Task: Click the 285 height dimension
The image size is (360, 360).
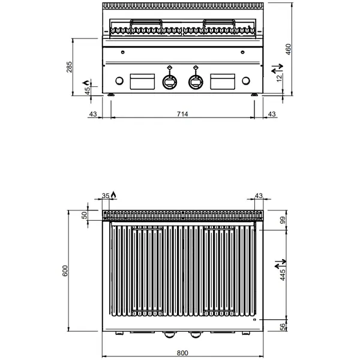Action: pyautogui.click(x=70, y=66)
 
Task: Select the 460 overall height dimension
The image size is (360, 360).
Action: pyautogui.click(x=288, y=49)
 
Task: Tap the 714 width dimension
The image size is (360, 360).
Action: pyautogui.click(x=181, y=114)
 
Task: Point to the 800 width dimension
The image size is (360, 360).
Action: pyautogui.click(x=182, y=353)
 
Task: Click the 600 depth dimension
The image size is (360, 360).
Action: pyautogui.click(x=67, y=271)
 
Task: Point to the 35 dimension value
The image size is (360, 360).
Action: pyautogui.click(x=106, y=196)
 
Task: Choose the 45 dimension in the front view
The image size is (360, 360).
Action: pyautogui.click(x=86, y=91)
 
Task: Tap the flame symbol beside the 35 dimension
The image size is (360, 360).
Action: pyautogui.click(x=115, y=194)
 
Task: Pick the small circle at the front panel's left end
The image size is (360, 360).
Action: pyautogui.click(x=119, y=82)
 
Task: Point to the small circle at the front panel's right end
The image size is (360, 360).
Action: pyautogui.click(x=245, y=82)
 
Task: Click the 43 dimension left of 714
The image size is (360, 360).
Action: pyautogui.click(x=92, y=114)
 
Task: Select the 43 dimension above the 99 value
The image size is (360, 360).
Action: pyautogui.click(x=259, y=196)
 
